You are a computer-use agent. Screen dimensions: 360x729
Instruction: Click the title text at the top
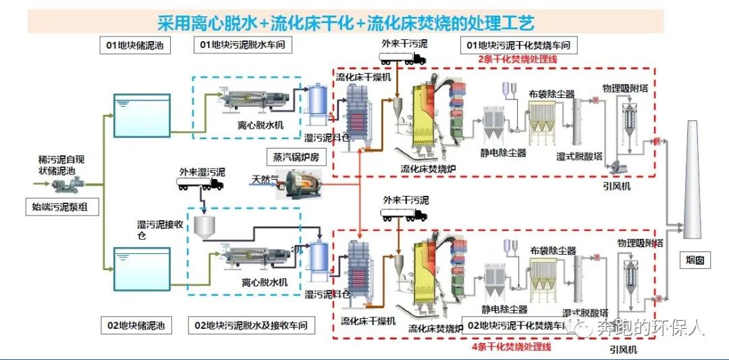click(346, 23)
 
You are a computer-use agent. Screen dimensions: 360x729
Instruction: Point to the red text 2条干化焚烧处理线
click(516, 59)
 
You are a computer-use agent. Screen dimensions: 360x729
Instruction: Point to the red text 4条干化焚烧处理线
click(511, 346)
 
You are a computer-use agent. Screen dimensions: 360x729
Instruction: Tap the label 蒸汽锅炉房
click(295, 155)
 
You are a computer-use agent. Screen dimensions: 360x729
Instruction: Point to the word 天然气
click(265, 179)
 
